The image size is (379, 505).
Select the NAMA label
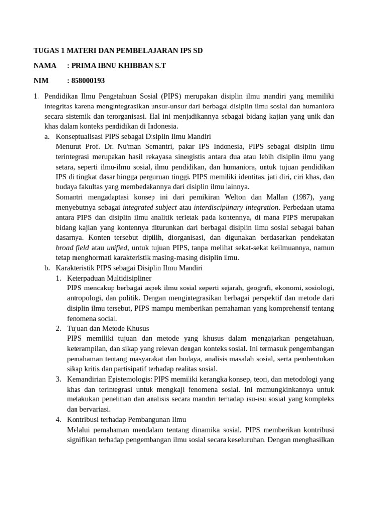pos(44,66)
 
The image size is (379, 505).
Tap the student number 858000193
pos(88,80)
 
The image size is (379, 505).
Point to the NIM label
pos(41,80)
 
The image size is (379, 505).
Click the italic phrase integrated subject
pos(149,207)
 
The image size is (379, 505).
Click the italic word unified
pos(117,248)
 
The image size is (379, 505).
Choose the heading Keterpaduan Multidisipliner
pos(109,278)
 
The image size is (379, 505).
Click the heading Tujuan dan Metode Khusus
pos(108,328)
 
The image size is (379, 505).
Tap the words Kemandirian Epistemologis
pos(110,379)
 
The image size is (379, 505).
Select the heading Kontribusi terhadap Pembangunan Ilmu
pos(126,419)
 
